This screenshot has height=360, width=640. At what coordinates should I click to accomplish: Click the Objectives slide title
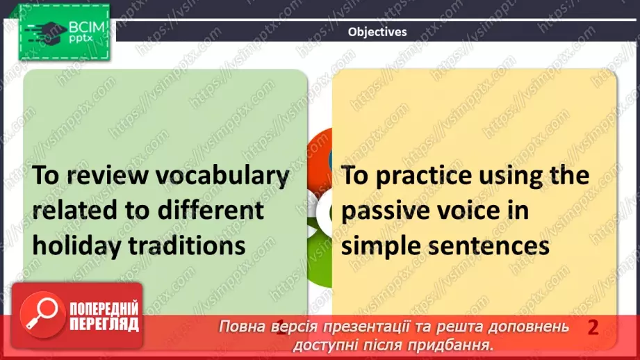click(x=377, y=32)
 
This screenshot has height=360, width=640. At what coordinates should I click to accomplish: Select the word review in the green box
click(x=107, y=175)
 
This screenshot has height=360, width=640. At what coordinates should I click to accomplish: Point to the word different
click(x=211, y=210)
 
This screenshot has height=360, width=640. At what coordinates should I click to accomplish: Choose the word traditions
click(x=188, y=246)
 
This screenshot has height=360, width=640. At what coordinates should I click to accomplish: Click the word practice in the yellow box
click(x=424, y=176)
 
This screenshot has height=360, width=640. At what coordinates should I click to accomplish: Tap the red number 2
click(x=593, y=327)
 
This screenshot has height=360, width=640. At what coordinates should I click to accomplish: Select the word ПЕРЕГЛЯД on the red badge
click(x=104, y=325)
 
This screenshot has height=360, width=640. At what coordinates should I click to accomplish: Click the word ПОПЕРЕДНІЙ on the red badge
click(x=104, y=308)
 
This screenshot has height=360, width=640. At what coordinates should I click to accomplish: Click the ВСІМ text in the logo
click(x=87, y=27)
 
